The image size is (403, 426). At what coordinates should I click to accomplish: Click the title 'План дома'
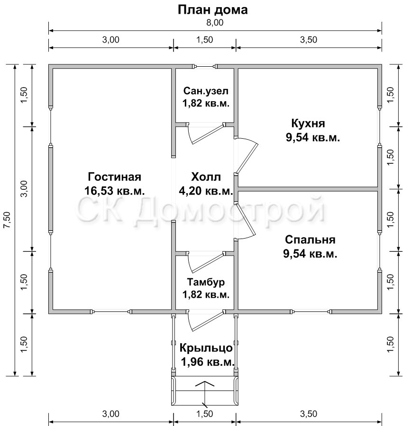tap(212, 10)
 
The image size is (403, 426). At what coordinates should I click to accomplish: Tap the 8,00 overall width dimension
tap(215, 23)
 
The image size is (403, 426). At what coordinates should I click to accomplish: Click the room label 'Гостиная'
tap(114, 177)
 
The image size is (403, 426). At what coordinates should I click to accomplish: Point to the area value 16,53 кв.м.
tap(114, 191)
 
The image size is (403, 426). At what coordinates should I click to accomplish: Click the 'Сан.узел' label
tap(206, 91)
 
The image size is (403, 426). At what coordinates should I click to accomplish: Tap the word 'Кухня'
tap(308, 124)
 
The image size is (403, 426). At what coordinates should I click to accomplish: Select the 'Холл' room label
tap(206, 177)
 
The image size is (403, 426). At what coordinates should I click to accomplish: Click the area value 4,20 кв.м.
tap(206, 191)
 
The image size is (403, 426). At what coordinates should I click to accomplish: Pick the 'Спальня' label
tap(310, 240)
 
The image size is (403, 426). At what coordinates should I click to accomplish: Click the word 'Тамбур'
tap(206, 282)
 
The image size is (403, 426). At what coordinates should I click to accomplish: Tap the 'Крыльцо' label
tap(206, 348)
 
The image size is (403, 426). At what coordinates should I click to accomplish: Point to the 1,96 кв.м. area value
tap(208, 362)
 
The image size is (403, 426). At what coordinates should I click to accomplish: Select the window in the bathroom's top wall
tap(205, 66)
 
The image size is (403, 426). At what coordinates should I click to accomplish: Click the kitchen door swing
tap(246, 156)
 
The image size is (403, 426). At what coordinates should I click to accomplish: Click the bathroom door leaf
tap(207, 134)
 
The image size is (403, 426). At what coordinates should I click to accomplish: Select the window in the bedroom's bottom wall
tap(311, 311)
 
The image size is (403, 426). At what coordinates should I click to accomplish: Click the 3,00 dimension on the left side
tap(25, 188)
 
